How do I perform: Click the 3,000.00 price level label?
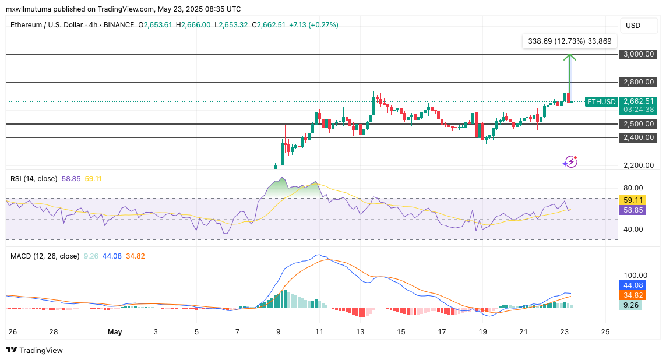[638, 54]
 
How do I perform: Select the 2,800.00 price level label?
[638, 82]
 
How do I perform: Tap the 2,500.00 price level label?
[638, 124]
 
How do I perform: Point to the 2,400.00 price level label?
[638, 137]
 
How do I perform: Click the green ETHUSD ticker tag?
[601, 101]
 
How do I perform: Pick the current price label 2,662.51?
[638, 101]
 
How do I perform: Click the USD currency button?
[633, 25]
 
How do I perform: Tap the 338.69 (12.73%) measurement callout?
[569, 41]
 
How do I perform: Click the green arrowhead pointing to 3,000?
[569, 57]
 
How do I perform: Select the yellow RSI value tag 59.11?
[633, 200]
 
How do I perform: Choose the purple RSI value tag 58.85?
[633, 210]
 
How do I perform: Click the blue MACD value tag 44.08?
[633, 285]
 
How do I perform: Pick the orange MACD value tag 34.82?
[633, 295]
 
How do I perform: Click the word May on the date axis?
[114, 331]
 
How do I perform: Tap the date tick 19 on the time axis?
[482, 331]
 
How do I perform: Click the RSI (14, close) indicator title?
[34, 178]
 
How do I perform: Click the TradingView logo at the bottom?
[34, 350]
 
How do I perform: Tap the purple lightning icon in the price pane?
[570, 161]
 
